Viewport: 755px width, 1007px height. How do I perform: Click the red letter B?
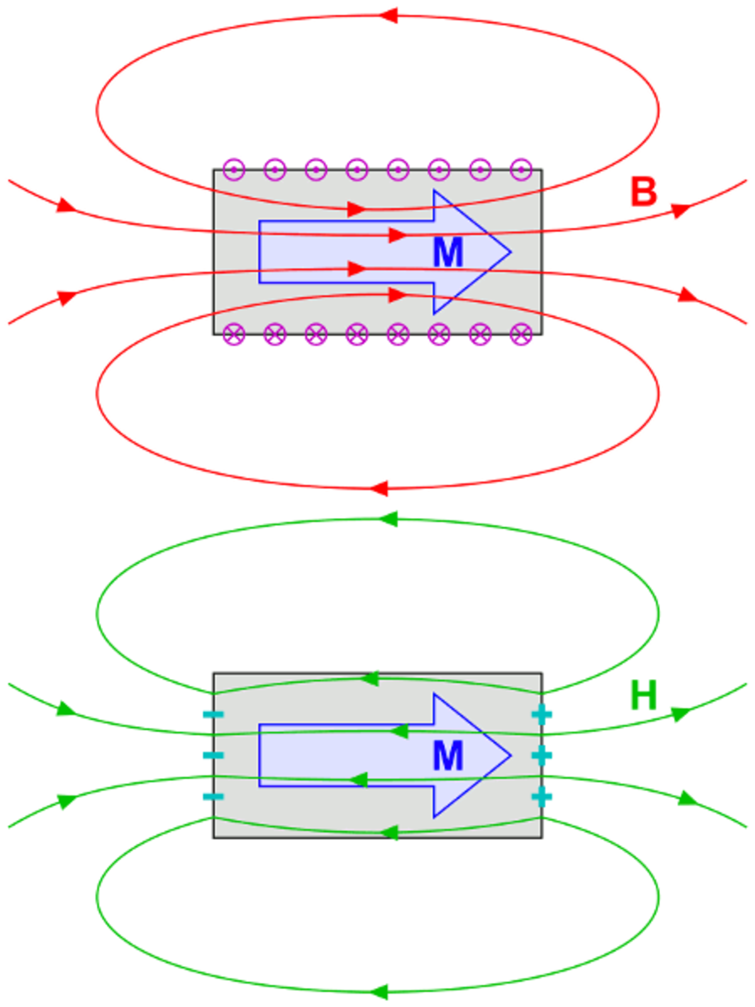(x=643, y=191)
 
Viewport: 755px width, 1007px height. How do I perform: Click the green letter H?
(x=643, y=695)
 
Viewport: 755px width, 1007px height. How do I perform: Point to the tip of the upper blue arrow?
(x=511, y=252)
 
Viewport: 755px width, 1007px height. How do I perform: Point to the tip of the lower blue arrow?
(x=511, y=755)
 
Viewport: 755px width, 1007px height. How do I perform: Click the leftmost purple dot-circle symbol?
(x=234, y=170)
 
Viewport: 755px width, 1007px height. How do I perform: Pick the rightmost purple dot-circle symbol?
(x=521, y=170)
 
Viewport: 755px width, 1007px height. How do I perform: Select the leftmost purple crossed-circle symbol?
(x=234, y=334)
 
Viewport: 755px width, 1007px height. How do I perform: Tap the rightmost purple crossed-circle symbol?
(x=521, y=334)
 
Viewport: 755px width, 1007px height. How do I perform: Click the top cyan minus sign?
(x=213, y=714)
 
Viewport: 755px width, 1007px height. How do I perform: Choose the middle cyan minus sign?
(x=213, y=755)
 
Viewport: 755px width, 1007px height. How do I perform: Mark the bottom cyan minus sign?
(x=213, y=796)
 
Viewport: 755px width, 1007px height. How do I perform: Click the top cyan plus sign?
(x=542, y=714)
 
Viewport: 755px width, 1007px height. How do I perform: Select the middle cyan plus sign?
(x=542, y=755)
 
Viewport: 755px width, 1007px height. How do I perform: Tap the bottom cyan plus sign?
(x=542, y=796)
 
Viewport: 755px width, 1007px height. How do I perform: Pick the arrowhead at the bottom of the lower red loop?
(x=379, y=488)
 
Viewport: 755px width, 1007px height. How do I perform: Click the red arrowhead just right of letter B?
(x=681, y=210)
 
